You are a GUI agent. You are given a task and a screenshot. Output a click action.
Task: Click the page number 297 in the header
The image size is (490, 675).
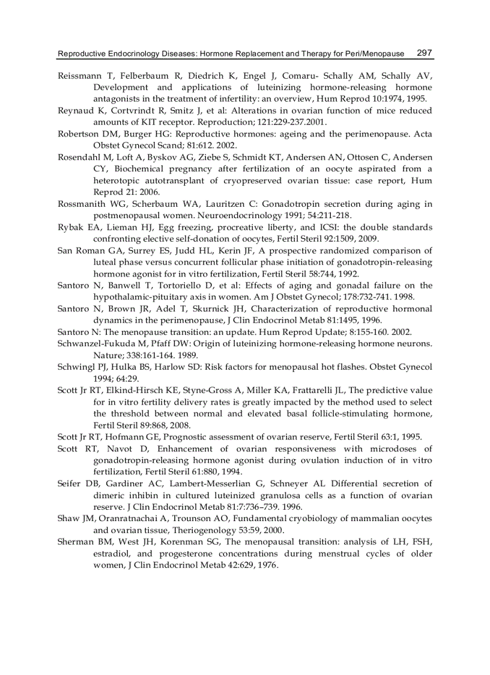coord(424,53)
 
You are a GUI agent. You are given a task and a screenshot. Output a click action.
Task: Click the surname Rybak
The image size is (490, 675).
coord(70,227)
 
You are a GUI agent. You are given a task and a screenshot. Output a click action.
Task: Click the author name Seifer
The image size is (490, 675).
coord(70,483)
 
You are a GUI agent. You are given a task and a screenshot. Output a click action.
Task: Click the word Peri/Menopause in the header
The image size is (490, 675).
coord(374,53)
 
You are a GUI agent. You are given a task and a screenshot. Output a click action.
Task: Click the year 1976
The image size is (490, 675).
coord(266,565)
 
